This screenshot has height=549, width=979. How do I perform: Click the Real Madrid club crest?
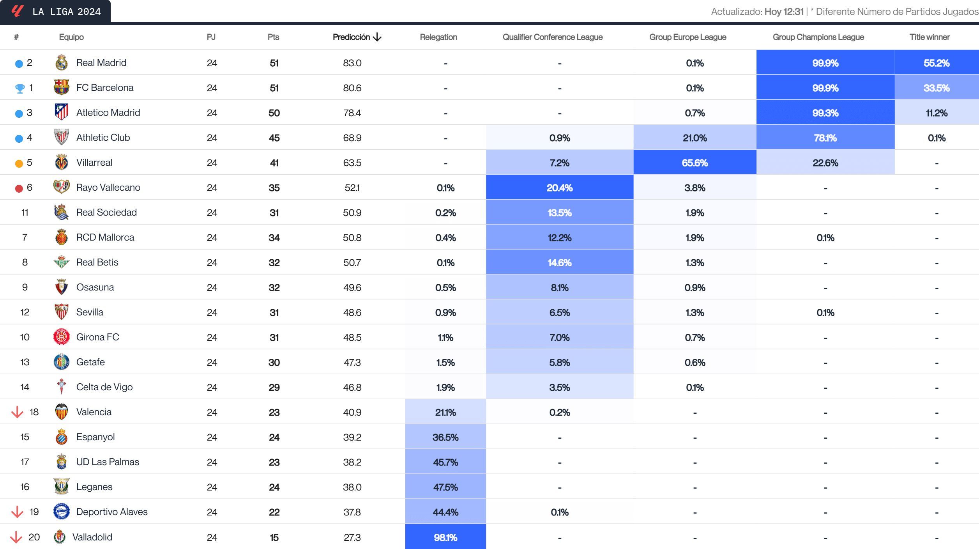tap(62, 63)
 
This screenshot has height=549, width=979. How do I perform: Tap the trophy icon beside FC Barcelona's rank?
tap(19, 89)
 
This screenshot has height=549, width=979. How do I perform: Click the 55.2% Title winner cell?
tap(936, 63)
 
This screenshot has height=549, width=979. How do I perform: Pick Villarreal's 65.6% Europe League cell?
tap(694, 163)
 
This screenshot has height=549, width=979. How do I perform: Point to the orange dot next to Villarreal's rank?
tap(19, 163)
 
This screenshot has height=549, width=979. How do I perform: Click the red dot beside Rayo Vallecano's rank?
tap(19, 188)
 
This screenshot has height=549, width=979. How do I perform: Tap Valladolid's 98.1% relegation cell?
tap(445, 537)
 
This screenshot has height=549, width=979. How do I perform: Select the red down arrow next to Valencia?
tap(17, 412)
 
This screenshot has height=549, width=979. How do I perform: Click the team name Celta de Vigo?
tap(104, 387)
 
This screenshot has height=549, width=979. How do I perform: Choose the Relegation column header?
tap(438, 37)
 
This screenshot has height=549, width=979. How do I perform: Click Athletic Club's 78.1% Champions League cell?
tap(825, 138)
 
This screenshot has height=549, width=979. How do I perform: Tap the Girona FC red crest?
tap(62, 337)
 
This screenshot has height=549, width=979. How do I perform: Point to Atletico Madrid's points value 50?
tap(274, 113)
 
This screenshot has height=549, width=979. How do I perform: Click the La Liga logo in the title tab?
tap(18, 11)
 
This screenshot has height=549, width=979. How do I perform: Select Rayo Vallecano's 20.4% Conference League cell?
tap(559, 188)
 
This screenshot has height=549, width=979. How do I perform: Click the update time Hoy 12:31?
tap(784, 12)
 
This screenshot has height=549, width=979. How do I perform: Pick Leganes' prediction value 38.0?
tap(352, 487)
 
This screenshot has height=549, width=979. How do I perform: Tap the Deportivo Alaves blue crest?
tap(62, 512)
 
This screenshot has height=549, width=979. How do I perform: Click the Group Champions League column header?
tap(818, 37)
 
